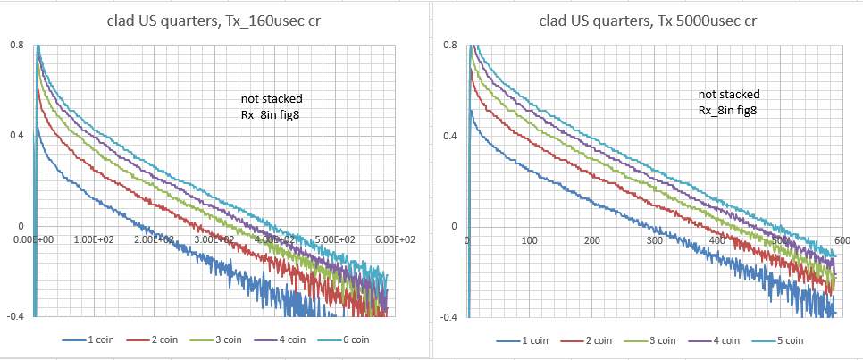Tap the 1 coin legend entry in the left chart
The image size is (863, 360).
click(x=96, y=339)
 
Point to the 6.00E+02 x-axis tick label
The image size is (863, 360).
click(x=395, y=239)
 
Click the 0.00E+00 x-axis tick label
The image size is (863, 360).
click(x=33, y=239)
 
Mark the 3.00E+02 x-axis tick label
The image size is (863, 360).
click(x=214, y=239)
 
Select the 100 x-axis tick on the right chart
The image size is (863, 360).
click(x=530, y=239)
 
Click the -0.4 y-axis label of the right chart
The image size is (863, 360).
click(x=449, y=317)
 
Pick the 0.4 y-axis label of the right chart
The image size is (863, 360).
click(x=452, y=136)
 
